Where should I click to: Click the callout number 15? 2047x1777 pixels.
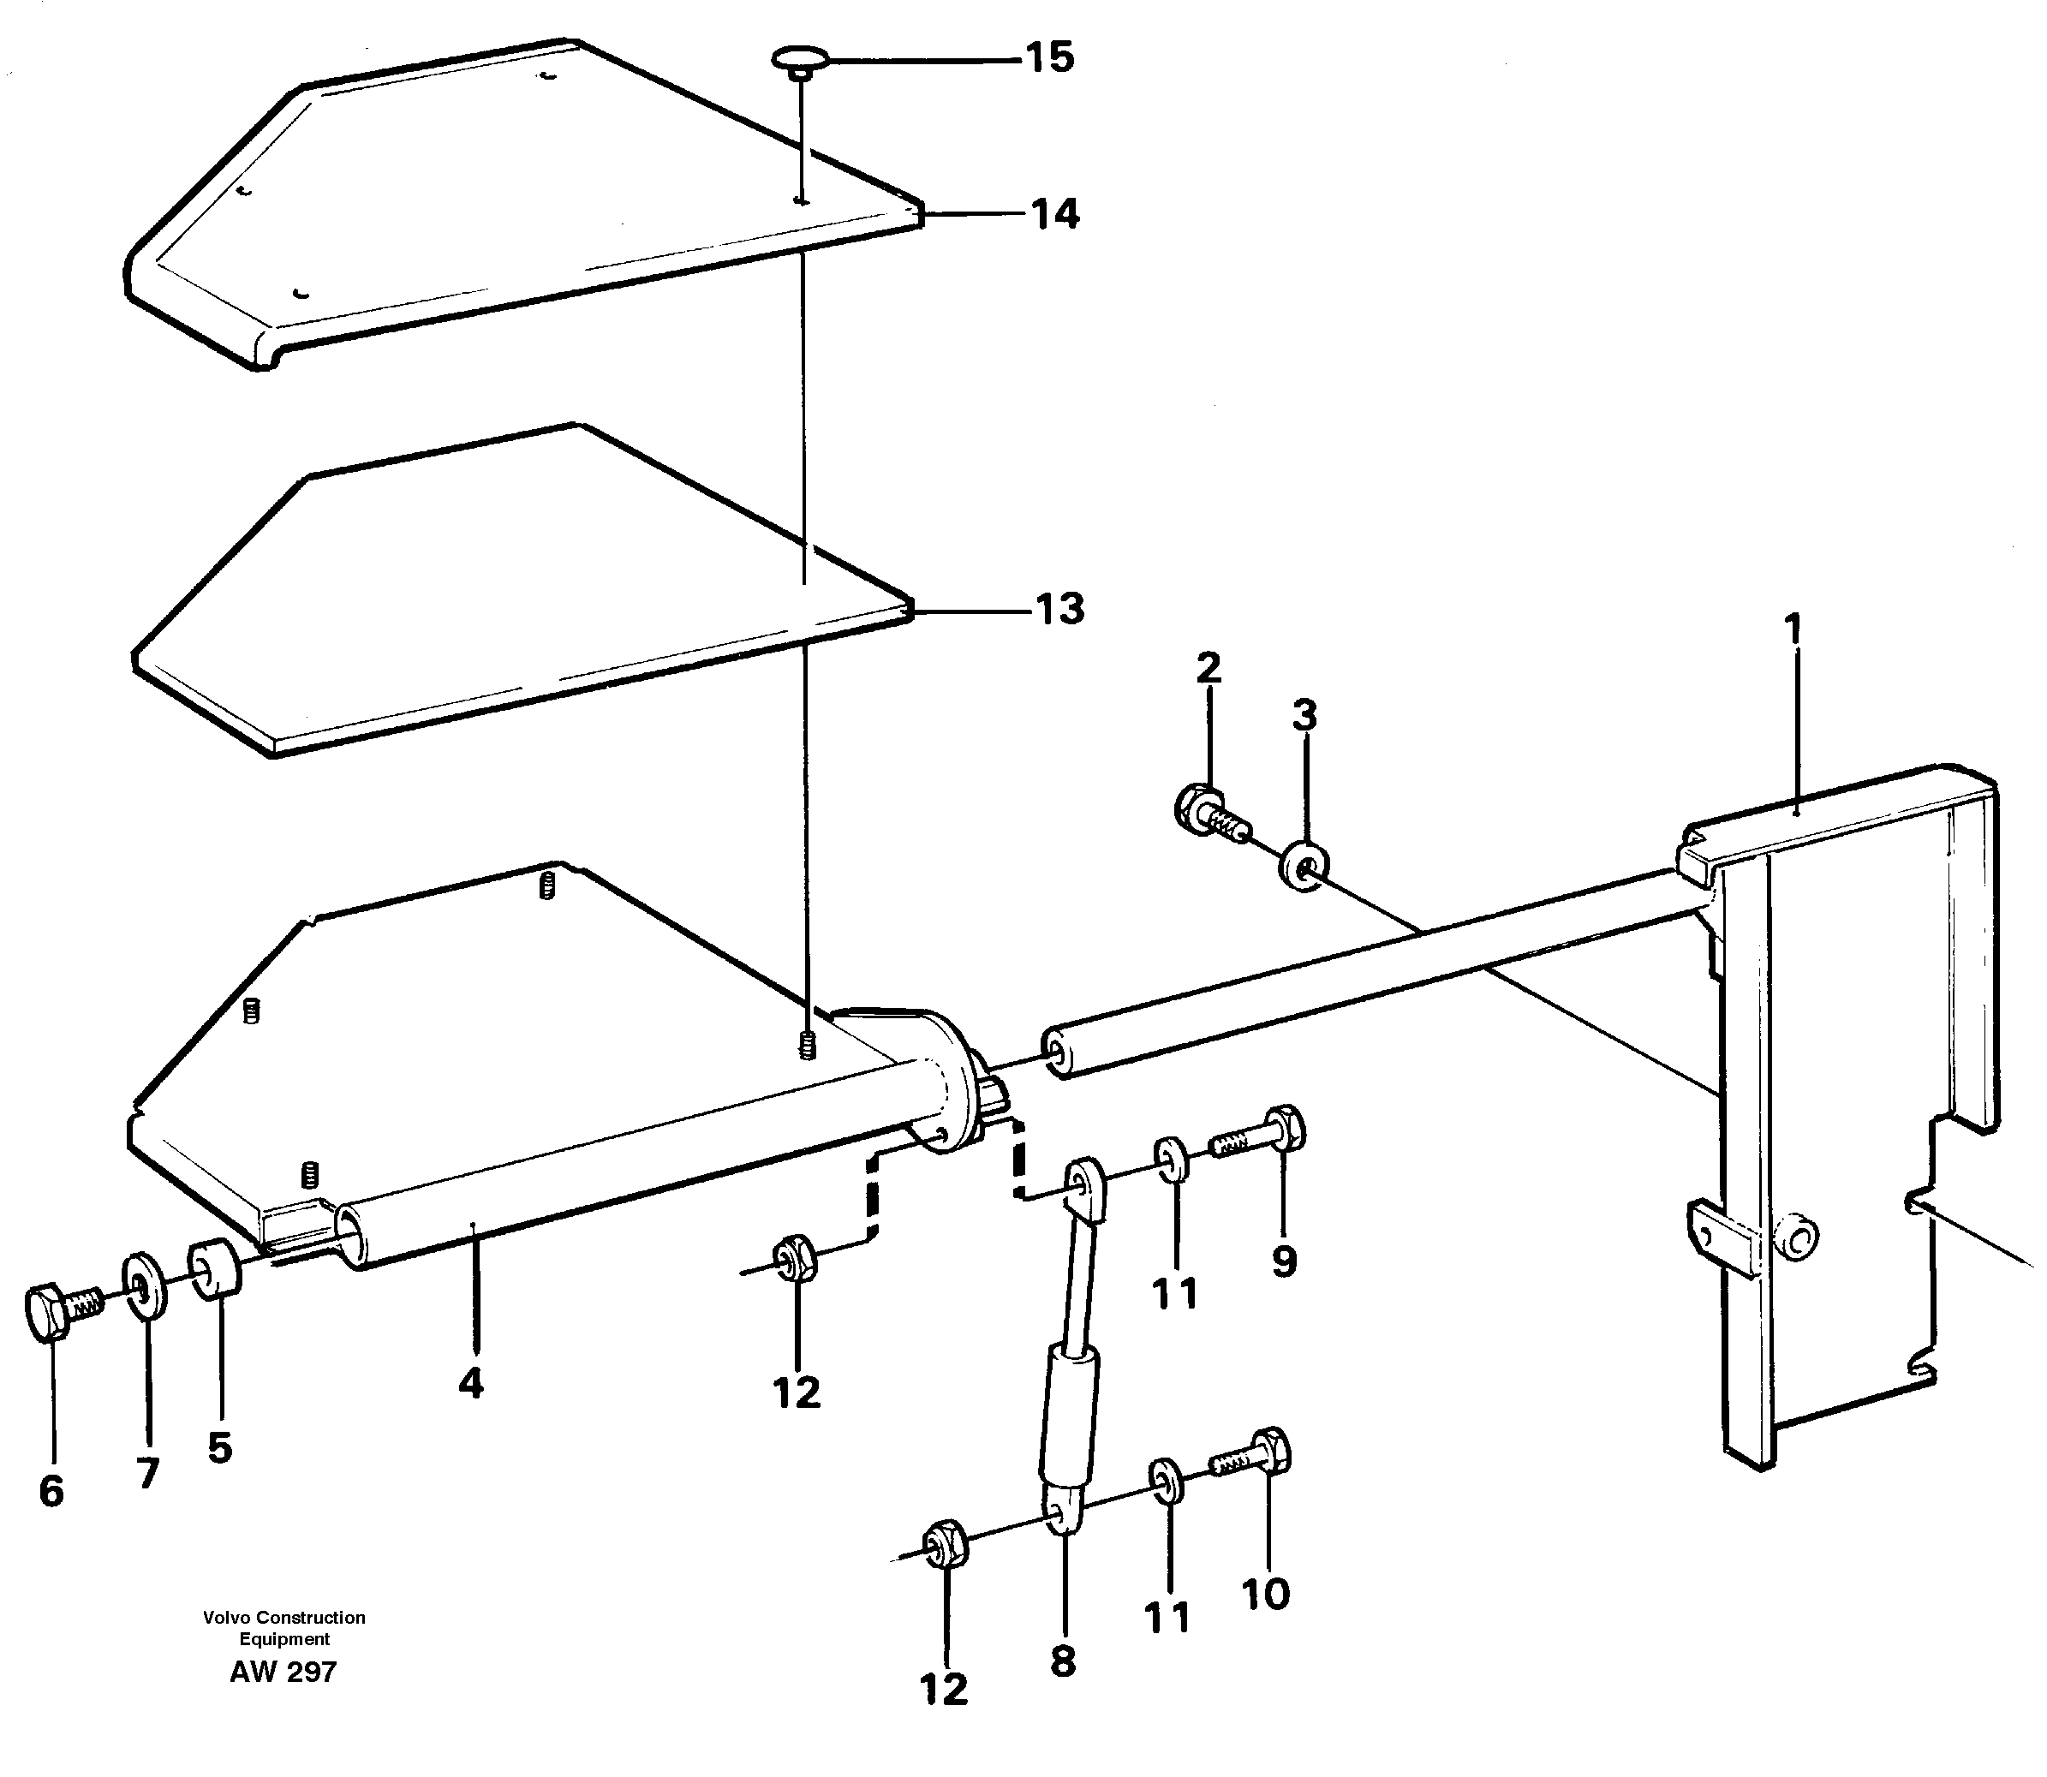point(1049,58)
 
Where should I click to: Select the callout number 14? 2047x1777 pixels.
point(1054,214)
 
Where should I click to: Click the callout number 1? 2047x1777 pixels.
point(1792,629)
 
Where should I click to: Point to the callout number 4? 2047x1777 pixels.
point(471,1381)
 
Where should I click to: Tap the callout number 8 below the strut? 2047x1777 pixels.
point(1062,1661)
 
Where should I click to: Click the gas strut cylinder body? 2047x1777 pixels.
point(1069,1408)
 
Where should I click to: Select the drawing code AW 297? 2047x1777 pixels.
point(283,1672)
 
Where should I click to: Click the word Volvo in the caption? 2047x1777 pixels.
point(227,1618)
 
